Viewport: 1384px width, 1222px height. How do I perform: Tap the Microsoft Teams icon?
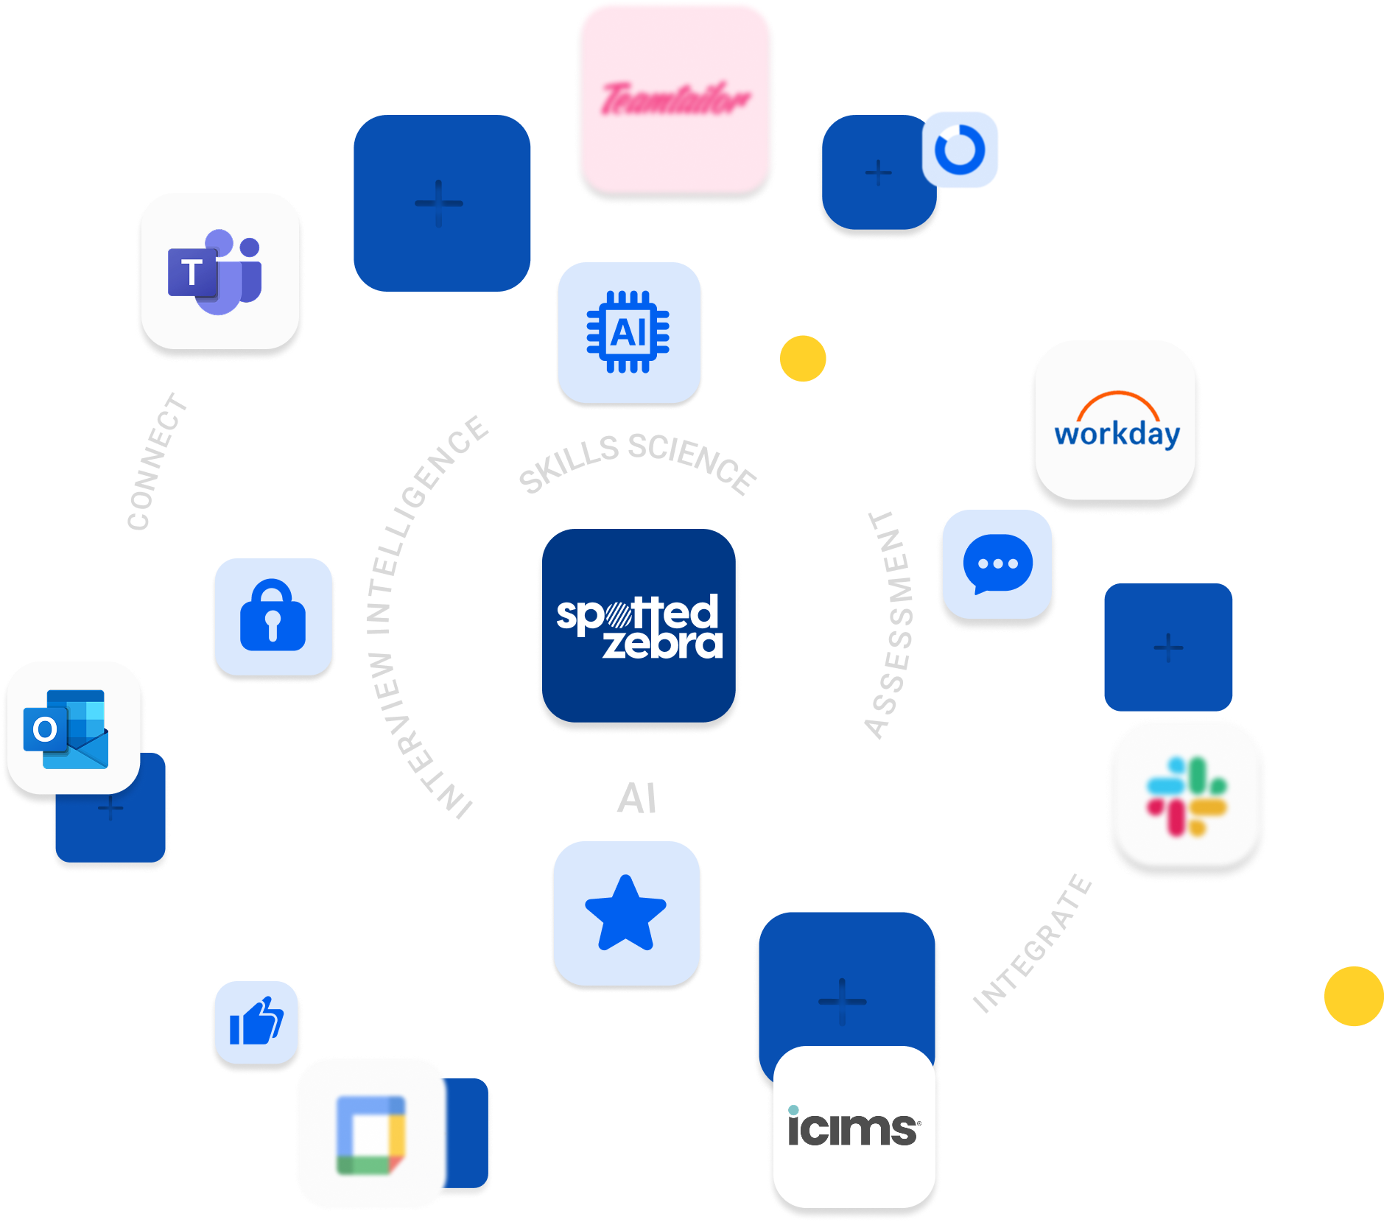pos(219,271)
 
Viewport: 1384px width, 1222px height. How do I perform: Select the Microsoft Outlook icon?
pos(72,728)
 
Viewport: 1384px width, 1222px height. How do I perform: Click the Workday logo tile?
pos(1115,420)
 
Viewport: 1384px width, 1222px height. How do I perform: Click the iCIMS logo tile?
pos(854,1127)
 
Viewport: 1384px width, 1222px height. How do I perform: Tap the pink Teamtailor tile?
pos(675,99)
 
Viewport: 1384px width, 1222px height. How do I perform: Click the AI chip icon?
pos(628,332)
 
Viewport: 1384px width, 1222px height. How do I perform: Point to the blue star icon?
pos(626,913)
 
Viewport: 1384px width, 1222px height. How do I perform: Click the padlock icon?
pos(273,616)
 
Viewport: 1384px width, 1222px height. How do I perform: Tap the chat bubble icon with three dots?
pos(997,564)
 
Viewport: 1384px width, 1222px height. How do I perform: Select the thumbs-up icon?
pos(256,1022)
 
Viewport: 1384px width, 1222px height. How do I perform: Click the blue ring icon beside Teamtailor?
pos(960,149)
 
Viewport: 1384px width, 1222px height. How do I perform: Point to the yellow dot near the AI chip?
pos(803,359)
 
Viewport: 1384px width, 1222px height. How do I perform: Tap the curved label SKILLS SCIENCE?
pos(638,462)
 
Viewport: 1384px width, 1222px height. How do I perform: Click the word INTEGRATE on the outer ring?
pos(1032,944)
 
